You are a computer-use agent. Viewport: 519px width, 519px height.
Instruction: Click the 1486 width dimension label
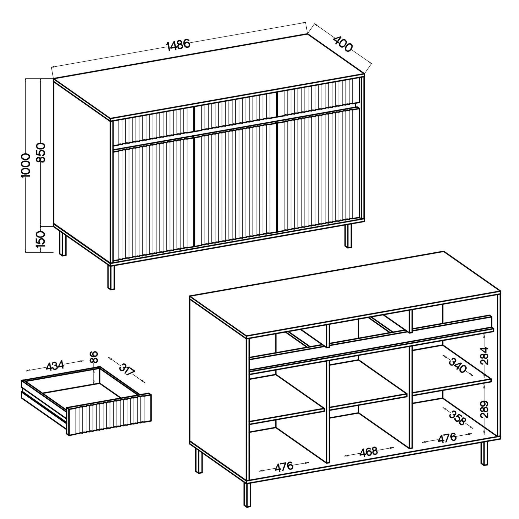[178, 45]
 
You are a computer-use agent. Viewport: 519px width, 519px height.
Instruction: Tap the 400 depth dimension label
[343, 44]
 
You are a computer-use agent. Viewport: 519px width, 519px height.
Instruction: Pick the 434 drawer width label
[55, 366]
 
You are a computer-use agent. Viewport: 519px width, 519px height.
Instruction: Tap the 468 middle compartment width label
[368, 452]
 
